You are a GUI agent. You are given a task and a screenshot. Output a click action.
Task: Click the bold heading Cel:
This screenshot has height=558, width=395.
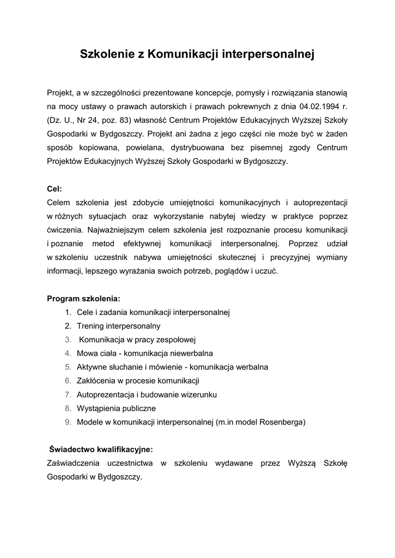click(x=54, y=189)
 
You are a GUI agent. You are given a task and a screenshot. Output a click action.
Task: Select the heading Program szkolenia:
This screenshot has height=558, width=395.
click(x=83, y=299)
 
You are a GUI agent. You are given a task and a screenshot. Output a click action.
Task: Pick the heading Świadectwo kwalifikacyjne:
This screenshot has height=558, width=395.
click(x=101, y=450)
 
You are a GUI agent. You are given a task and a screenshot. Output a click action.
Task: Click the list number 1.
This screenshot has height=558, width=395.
click(x=68, y=313)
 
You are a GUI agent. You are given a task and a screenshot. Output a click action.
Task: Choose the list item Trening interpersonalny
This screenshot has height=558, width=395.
click(x=118, y=326)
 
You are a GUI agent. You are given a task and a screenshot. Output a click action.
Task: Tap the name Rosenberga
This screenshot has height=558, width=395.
click(x=282, y=421)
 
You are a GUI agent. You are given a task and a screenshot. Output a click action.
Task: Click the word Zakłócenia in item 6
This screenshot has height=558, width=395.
click(x=96, y=380)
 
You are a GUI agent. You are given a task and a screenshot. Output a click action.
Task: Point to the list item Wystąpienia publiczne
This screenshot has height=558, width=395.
click(x=116, y=408)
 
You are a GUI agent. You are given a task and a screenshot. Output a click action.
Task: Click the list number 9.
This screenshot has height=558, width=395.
click(x=68, y=421)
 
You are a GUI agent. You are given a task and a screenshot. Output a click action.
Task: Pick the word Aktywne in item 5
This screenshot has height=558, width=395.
click(x=91, y=367)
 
